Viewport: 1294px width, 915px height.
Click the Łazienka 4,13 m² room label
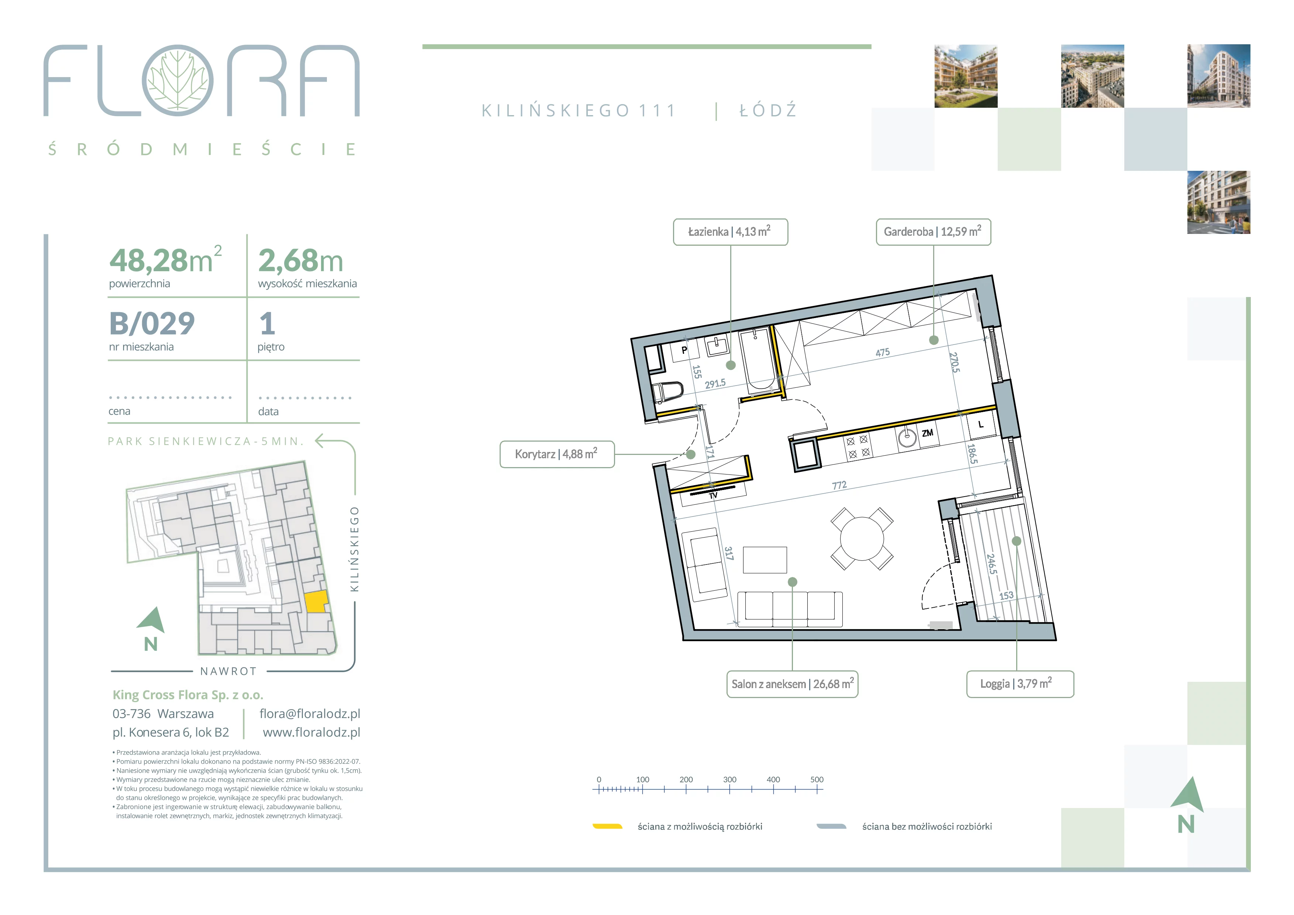pos(731,232)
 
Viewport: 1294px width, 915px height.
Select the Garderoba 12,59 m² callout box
pos(933,232)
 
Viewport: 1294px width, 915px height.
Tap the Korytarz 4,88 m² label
pos(557,454)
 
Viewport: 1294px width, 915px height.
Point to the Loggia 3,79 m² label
pos(1020,684)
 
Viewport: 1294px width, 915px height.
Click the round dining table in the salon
pos(862,539)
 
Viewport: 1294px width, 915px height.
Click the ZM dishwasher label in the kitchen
pos(928,433)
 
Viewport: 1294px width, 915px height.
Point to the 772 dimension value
pos(839,485)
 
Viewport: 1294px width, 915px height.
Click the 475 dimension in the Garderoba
pos(883,353)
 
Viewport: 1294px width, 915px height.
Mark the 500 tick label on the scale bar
pos(817,780)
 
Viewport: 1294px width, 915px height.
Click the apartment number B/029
pos(152,324)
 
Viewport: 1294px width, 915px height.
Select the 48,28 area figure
pos(149,260)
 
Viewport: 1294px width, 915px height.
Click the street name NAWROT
pos(229,671)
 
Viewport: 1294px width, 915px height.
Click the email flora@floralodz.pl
pos(310,714)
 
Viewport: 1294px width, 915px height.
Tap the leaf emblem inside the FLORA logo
pos(177,80)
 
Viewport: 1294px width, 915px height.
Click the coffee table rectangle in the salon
pos(765,559)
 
